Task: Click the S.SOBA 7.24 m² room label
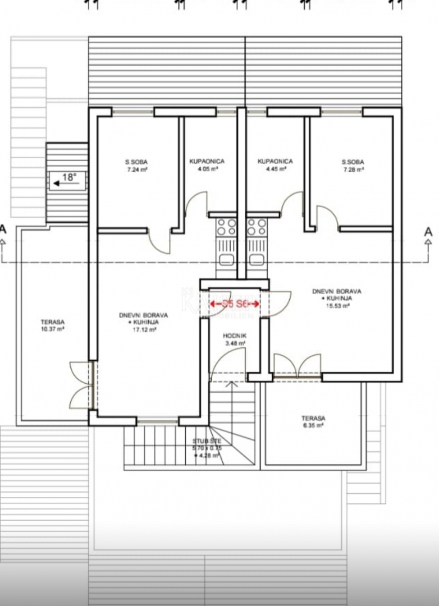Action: pyautogui.click(x=136, y=166)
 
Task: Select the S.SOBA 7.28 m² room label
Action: pyautogui.click(x=353, y=166)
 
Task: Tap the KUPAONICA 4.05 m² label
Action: pyautogui.click(x=207, y=164)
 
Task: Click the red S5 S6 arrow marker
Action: pyautogui.click(x=235, y=304)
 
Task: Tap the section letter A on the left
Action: pyautogui.click(x=4, y=230)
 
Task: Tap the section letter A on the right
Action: pyautogui.click(x=428, y=231)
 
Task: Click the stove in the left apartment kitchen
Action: pyautogui.click(x=226, y=227)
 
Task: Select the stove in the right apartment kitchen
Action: pyautogui.click(x=257, y=227)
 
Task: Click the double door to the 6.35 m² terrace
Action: pyautogui.click(x=297, y=366)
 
